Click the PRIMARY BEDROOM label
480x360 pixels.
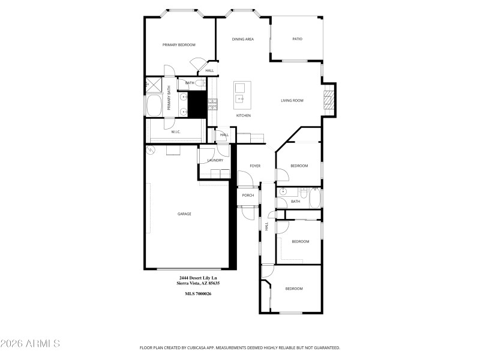(179, 45)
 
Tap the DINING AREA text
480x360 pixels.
(243, 39)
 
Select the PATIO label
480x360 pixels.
(297, 39)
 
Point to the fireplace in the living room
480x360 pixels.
(328, 98)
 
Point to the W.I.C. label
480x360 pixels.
(176, 131)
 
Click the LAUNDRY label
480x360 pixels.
(215, 160)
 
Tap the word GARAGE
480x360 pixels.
(184, 214)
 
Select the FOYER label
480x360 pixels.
(255, 166)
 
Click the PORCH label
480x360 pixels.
(248, 195)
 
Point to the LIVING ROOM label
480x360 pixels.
(292, 100)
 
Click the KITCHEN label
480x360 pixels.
(243, 115)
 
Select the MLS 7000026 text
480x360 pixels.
(197, 293)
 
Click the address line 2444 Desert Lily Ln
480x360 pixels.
(197, 278)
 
